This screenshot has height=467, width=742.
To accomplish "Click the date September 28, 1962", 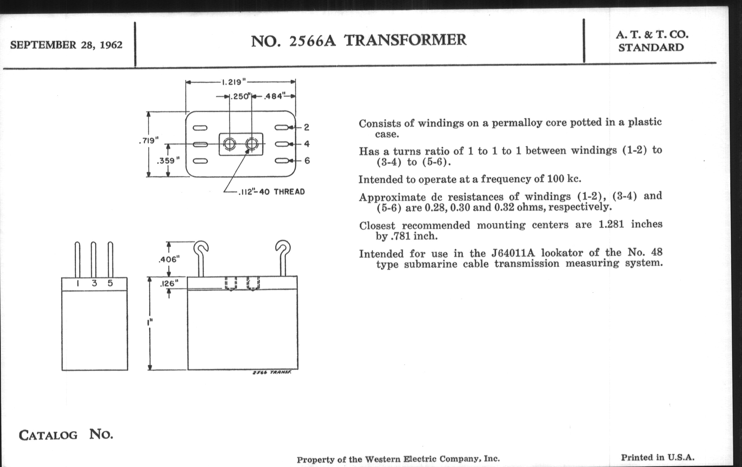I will pyautogui.click(x=66, y=45).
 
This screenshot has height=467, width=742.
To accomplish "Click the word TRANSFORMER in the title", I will pyautogui.click(x=405, y=40).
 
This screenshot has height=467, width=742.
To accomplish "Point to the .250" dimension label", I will pyautogui.click(x=241, y=96).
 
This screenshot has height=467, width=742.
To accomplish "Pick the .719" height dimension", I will pyautogui.click(x=149, y=141).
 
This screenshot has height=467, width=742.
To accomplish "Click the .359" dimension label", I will pyautogui.click(x=168, y=161).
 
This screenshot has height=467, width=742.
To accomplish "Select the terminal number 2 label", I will pyautogui.click(x=306, y=127).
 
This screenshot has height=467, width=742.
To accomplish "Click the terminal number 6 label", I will pyautogui.click(x=307, y=161).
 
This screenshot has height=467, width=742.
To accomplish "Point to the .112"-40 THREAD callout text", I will pyautogui.click(x=272, y=192).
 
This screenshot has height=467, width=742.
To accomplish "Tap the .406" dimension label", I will pyautogui.click(x=169, y=259).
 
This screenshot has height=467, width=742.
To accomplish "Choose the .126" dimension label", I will pyautogui.click(x=169, y=283).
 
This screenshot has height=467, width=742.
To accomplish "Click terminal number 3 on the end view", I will pyautogui.click(x=94, y=283).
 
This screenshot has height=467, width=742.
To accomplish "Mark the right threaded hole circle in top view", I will pyautogui.click(x=252, y=144).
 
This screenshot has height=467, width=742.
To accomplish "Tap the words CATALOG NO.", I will pyautogui.click(x=66, y=435).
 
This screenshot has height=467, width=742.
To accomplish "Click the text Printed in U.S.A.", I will pyautogui.click(x=657, y=457).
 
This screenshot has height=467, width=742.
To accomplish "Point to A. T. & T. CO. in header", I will pyautogui.click(x=652, y=35).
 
